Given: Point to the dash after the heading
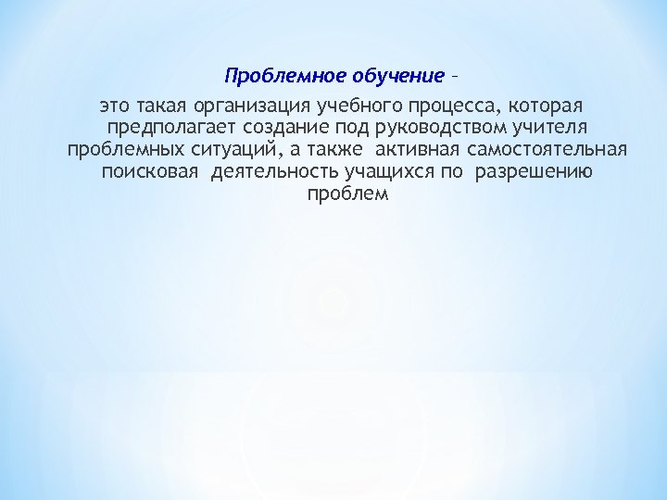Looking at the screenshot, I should [x=455, y=74].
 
